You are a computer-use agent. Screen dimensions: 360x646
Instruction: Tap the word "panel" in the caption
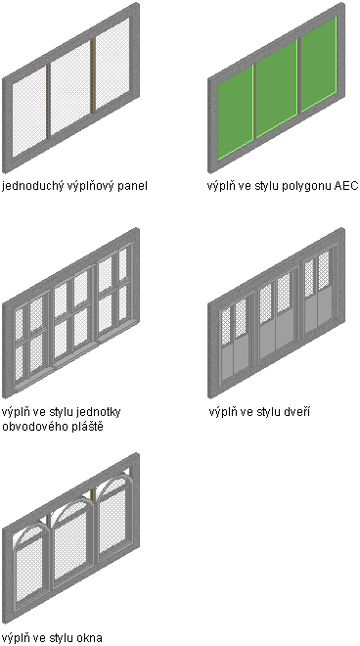pyautogui.click(x=132, y=186)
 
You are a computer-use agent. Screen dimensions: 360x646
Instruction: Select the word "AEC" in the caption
pyautogui.click(x=346, y=186)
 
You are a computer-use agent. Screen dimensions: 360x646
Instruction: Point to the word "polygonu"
pyautogui.click(x=306, y=186)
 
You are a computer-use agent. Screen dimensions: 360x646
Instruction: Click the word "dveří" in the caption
pyautogui.click(x=296, y=411)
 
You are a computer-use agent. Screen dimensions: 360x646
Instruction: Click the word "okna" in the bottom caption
pyautogui.click(x=89, y=638)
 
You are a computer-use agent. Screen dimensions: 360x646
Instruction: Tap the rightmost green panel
pyautogui.click(x=319, y=65)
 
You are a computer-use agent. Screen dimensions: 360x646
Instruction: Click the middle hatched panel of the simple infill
pyautogui.click(x=69, y=88)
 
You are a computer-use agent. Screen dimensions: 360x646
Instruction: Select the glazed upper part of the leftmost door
pyautogui.click(x=234, y=323)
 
